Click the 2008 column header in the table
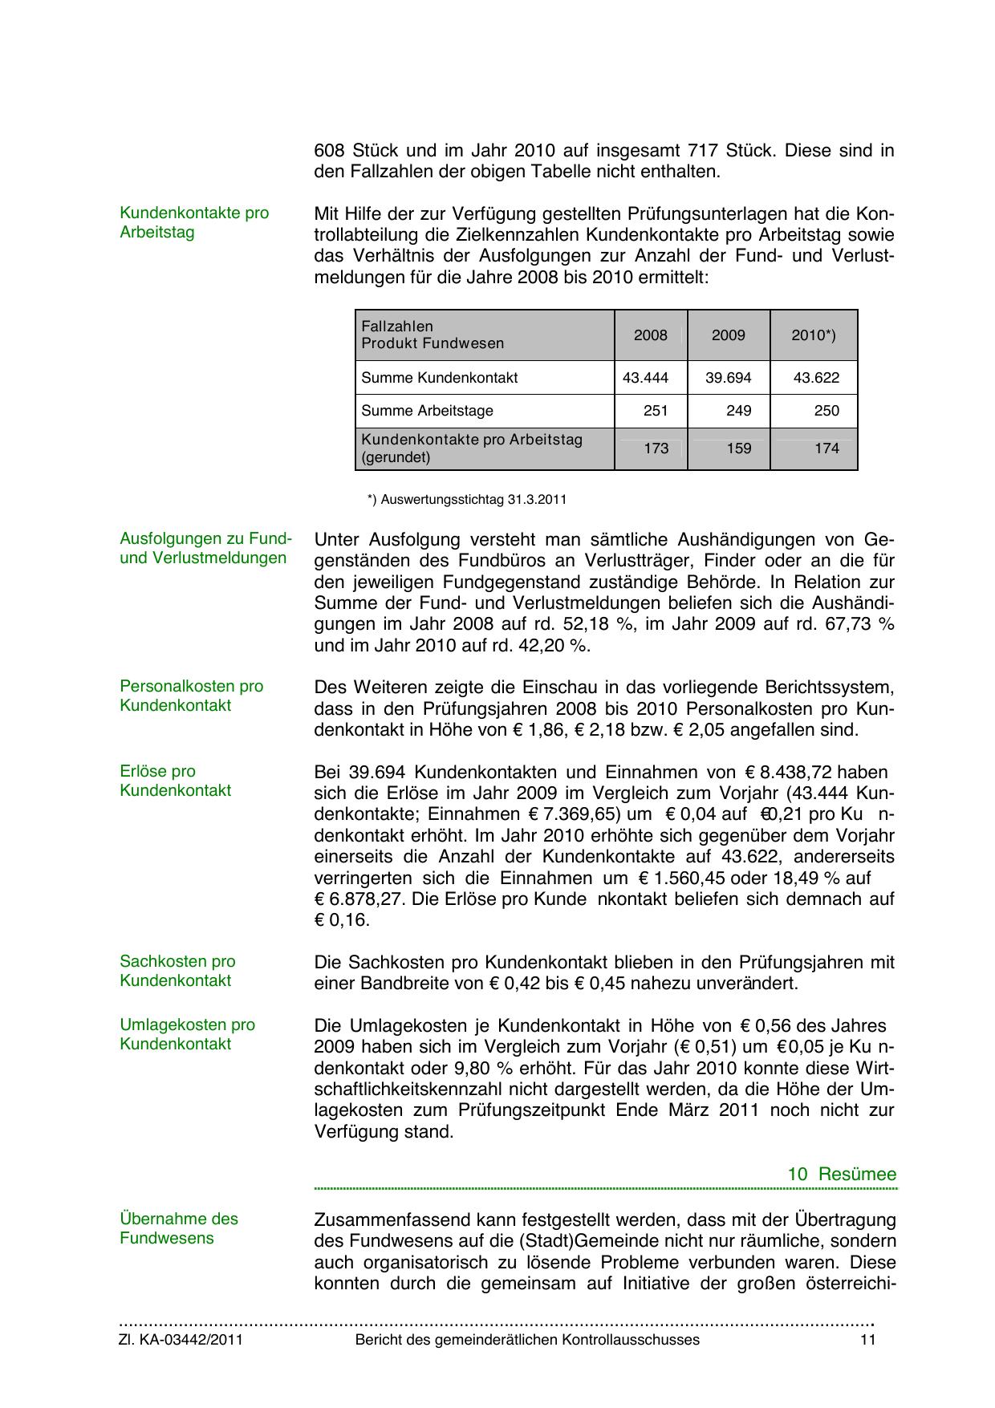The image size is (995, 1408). [x=650, y=335]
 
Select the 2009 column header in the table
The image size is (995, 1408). [x=728, y=335]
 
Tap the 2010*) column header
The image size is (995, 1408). [x=813, y=335]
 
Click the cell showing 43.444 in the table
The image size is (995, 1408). [x=645, y=378]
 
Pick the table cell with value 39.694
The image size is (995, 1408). [x=728, y=378]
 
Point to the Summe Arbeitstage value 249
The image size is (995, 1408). [x=738, y=411]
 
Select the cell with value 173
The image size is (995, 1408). [x=656, y=448]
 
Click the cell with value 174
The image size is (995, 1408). [x=826, y=448]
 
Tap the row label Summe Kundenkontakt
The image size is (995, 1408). [x=439, y=378]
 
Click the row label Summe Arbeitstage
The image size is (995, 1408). [x=427, y=411]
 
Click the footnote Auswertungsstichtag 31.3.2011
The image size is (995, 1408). [x=467, y=500]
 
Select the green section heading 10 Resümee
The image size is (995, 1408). [x=842, y=1175]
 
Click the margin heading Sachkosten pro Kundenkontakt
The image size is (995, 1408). [x=177, y=971]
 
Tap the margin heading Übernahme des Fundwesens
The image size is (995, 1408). [x=179, y=1228]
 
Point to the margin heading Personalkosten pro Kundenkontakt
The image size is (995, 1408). [x=191, y=696]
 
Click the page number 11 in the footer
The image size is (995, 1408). [x=867, y=1340]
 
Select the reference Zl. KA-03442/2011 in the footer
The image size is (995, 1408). [x=181, y=1340]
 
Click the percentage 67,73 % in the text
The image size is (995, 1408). [x=863, y=624]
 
